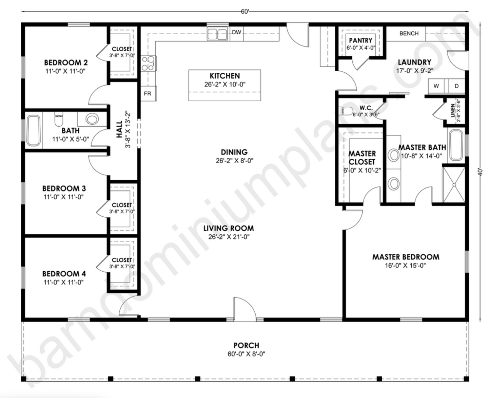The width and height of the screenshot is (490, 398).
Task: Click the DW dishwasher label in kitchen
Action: pos(236,33)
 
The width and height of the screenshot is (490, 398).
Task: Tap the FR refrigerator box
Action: pos(148,93)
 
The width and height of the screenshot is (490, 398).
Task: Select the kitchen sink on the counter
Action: pos(217,34)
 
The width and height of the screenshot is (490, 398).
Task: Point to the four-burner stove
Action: pos(149,64)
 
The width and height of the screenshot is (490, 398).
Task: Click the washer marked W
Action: pos(436,86)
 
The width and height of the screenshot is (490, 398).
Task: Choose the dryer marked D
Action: pos(456,86)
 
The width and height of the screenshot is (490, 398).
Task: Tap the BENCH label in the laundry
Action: pos(409,33)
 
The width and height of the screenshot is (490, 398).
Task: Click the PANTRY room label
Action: pos(360,40)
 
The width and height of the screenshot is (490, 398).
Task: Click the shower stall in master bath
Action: pos(454,184)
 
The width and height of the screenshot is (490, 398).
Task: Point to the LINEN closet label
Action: pos(453,111)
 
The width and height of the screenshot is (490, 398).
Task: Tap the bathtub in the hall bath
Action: pos(33,130)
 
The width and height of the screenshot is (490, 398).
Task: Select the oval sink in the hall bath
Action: pos(92,119)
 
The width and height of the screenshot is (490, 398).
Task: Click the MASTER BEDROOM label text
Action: pos(406,257)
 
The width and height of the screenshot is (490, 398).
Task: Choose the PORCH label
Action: pos(246,345)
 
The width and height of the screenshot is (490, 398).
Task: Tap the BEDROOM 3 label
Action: pos(64,188)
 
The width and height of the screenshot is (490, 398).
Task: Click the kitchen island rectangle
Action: pos(224,85)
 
